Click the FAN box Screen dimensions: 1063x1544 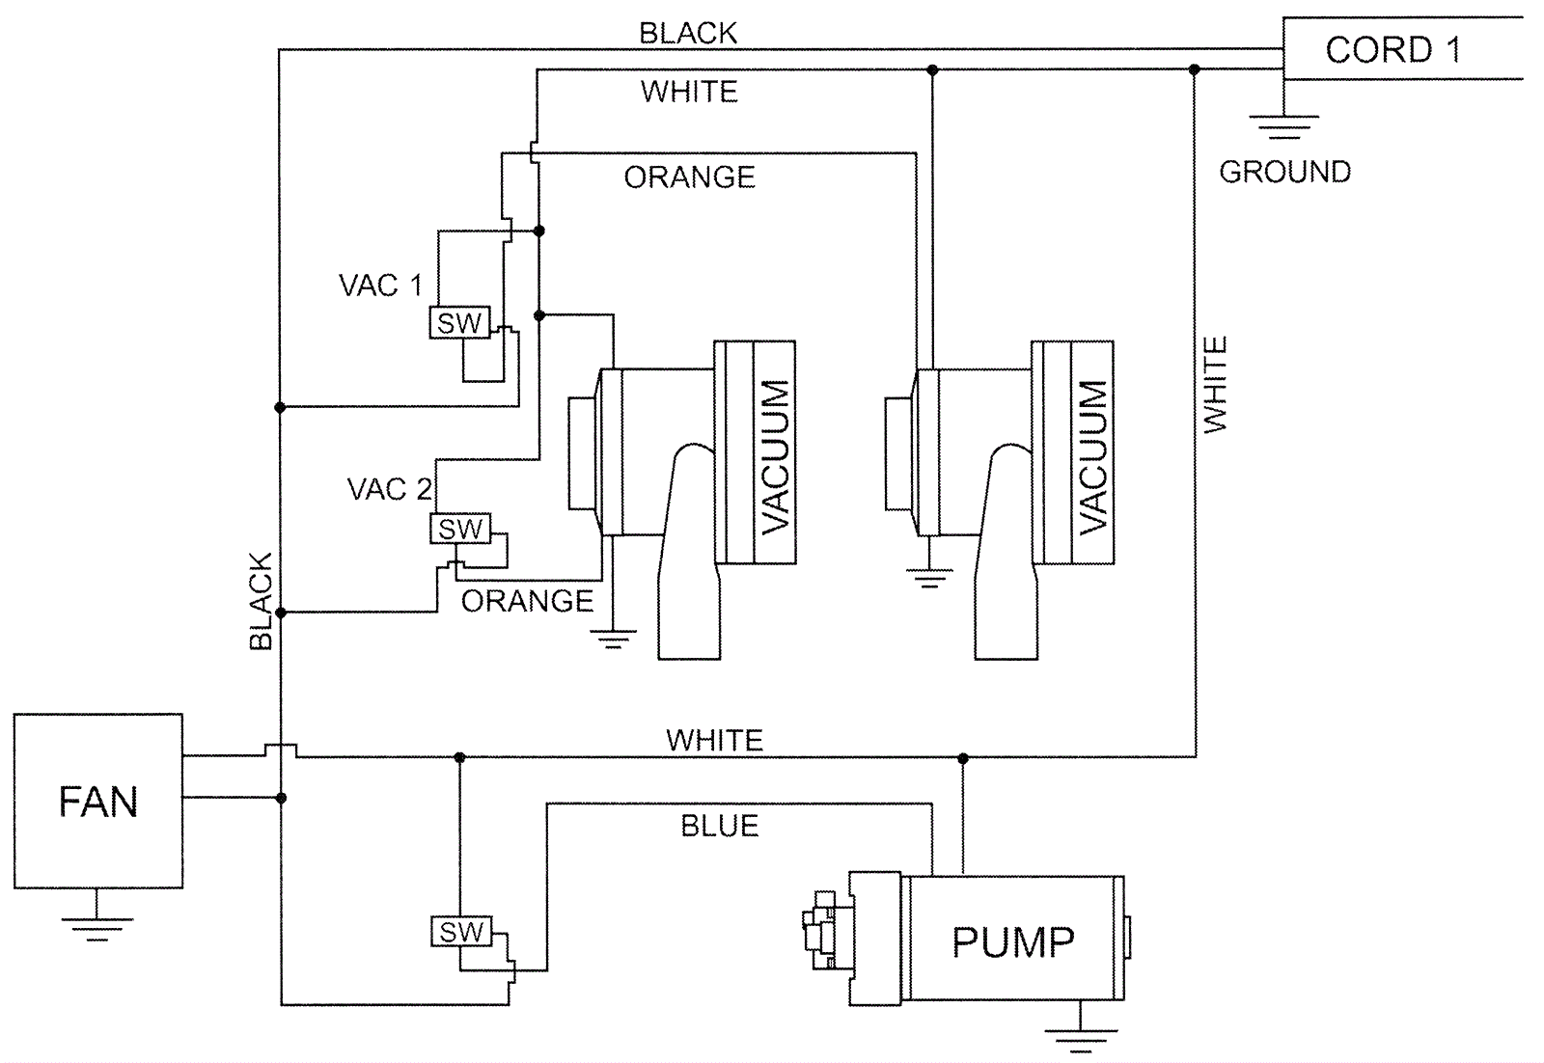97,801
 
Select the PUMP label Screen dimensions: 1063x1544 1012,942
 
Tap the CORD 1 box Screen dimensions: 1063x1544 1392,49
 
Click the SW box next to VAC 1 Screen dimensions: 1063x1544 459,323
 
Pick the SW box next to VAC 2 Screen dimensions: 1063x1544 460,529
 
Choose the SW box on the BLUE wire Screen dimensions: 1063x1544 461,932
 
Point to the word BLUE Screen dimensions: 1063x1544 720,826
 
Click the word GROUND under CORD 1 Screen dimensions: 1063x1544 1284,172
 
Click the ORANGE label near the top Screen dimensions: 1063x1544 689,177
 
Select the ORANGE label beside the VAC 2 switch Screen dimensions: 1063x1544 527,601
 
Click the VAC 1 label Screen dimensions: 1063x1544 380,286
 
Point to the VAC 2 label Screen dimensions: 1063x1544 389,489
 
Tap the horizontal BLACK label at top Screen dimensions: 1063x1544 688,34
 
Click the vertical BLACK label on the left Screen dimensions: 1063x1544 261,601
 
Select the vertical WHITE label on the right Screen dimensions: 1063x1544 1215,384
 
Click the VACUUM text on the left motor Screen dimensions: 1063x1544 775,455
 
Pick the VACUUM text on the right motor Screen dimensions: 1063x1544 1092,455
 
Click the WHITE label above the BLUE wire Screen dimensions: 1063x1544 714,740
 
